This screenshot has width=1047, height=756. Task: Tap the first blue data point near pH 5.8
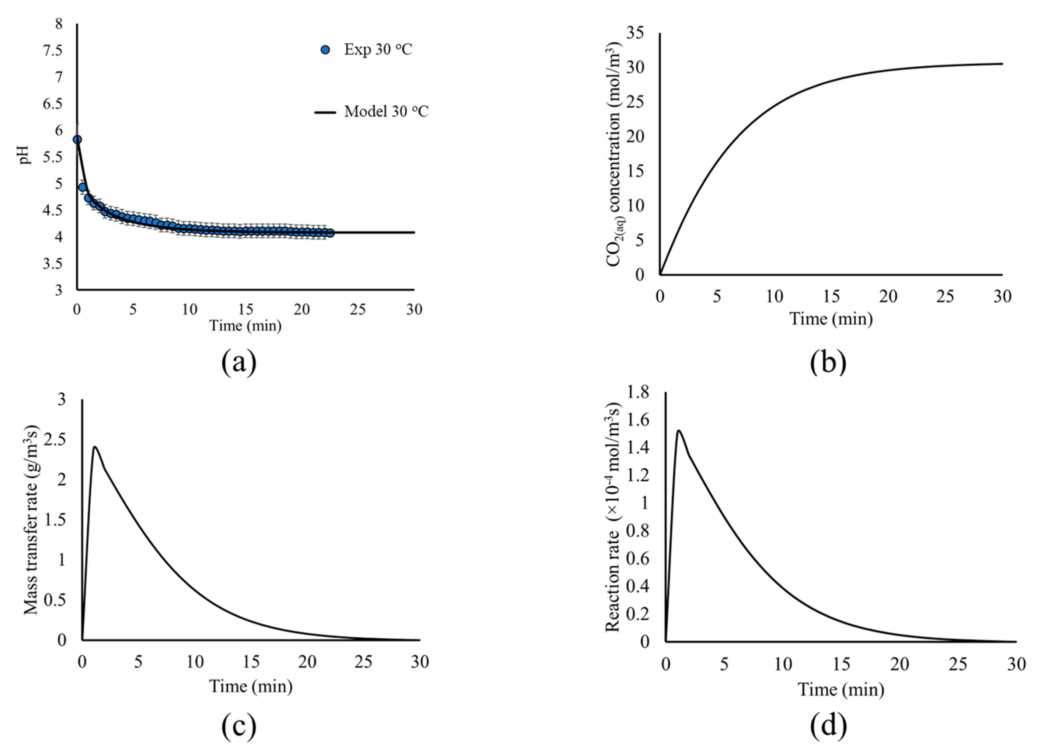[x=77, y=139]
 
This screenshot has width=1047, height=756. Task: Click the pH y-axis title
[x=26, y=155]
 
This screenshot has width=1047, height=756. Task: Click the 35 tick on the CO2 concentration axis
[x=635, y=33]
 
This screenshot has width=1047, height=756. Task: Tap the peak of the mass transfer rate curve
[x=95, y=447]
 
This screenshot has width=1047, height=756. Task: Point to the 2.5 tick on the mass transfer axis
[x=55, y=440]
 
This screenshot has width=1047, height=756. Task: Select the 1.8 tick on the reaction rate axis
[x=637, y=393]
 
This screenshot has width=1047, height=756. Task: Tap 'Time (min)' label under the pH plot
[x=245, y=326]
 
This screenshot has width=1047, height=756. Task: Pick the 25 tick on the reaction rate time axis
[x=958, y=664]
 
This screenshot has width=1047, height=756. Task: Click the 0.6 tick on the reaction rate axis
[x=637, y=558]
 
